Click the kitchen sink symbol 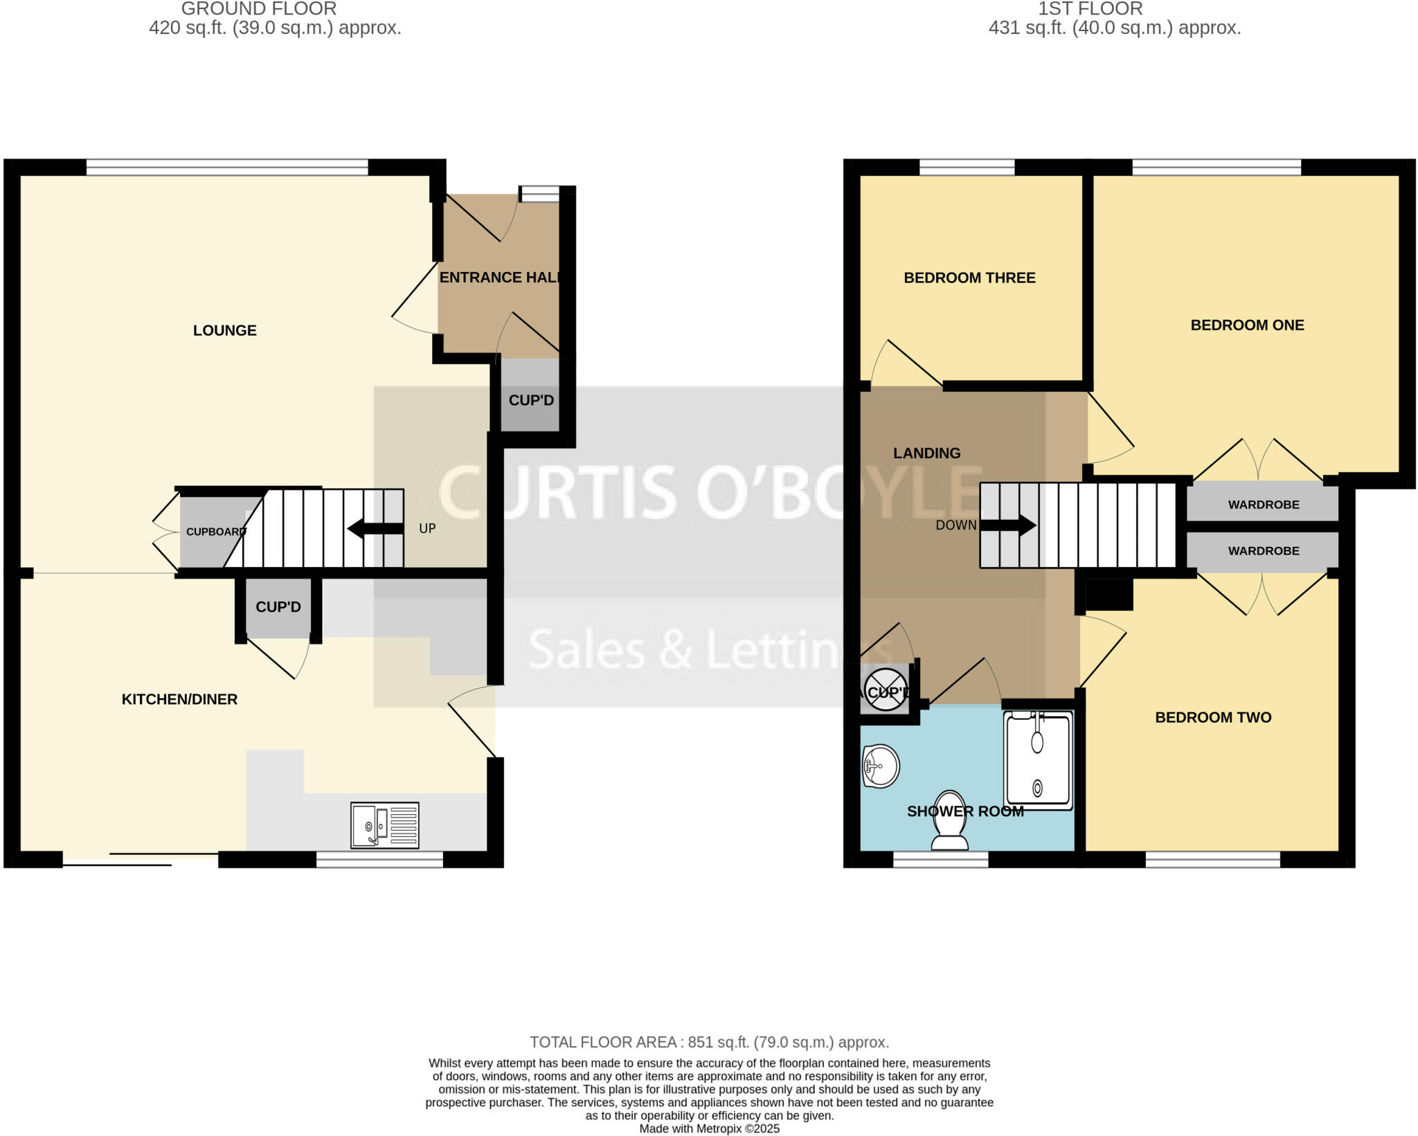point(384,824)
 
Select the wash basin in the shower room point(881,766)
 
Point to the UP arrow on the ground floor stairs point(375,529)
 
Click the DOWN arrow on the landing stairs point(1008,525)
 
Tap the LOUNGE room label point(224,331)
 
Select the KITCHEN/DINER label point(179,700)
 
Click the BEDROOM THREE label point(969,278)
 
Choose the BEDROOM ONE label point(1247,325)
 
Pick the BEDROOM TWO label point(1213,718)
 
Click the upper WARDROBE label point(1263,505)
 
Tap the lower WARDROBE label point(1263,551)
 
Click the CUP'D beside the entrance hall point(531,401)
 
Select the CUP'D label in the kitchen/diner point(278,607)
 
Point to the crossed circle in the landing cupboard point(885,690)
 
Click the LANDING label point(926,453)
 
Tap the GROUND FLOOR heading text point(259,9)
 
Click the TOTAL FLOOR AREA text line point(709,1042)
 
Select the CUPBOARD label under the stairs point(215,532)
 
